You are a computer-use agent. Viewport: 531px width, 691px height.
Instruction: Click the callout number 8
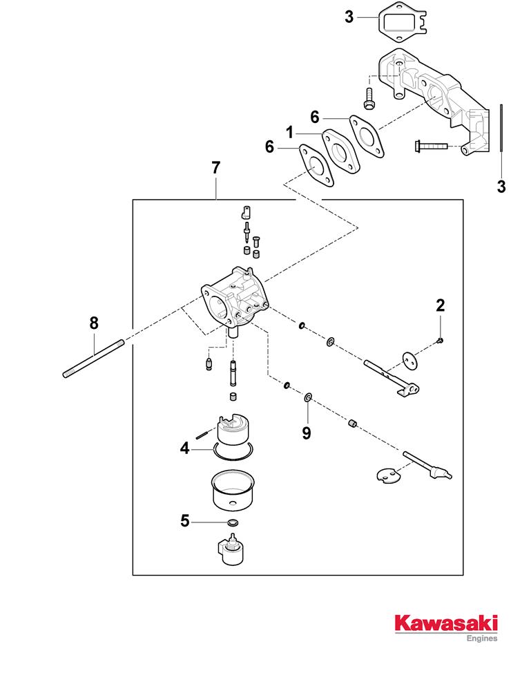(94, 323)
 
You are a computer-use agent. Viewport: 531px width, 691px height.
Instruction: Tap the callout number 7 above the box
(216, 167)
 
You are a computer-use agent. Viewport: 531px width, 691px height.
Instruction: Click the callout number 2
(440, 304)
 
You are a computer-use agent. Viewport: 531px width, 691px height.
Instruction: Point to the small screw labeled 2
(440, 339)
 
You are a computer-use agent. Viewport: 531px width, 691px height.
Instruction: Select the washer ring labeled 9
(307, 398)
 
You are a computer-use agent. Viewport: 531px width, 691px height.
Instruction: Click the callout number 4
(184, 448)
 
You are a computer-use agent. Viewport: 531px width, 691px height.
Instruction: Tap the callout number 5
(184, 520)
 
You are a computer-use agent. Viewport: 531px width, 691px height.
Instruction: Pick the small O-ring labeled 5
(232, 522)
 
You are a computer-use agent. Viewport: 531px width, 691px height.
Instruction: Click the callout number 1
(291, 131)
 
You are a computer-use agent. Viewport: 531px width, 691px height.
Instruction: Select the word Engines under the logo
(483, 638)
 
